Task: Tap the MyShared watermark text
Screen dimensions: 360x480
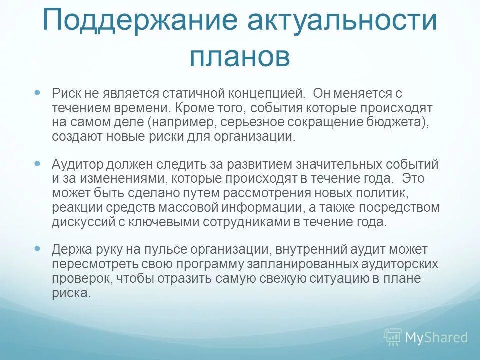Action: click(436, 337)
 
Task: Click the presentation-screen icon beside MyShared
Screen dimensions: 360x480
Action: click(393, 337)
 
